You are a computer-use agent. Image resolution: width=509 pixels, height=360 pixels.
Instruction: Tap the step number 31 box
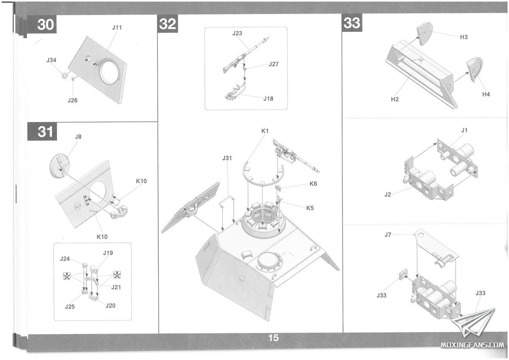pos(42,132)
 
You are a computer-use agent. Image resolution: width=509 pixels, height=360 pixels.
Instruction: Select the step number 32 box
pos(168,24)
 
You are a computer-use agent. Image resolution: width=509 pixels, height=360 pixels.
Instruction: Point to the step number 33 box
pos(352,23)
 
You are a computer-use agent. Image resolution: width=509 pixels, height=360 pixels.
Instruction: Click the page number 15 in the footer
pos(273,338)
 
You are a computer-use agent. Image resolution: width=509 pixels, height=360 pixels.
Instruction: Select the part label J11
pos(117,28)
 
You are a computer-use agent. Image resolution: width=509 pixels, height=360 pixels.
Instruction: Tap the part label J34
pos(51,60)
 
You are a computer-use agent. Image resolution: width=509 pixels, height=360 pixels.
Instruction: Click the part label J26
pos(73,100)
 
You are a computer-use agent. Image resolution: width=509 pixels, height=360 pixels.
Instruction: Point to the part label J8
pos(78,137)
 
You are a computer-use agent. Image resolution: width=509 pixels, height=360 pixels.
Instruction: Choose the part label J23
pos(237,34)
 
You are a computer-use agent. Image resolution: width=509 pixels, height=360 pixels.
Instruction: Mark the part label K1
pos(265,131)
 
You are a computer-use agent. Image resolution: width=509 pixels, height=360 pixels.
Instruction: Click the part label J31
pos(227,158)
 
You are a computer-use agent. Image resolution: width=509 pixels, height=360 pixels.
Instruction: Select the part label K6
pos(313,184)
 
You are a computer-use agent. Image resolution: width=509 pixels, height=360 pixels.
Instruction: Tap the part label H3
pos(464,37)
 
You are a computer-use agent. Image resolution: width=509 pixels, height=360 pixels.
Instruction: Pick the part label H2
pos(395,99)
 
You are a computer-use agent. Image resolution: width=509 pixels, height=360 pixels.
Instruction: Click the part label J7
pos(388,234)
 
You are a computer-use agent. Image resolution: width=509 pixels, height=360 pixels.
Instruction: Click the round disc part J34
pos(65,76)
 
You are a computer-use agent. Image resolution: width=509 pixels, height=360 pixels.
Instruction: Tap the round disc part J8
pos(59,166)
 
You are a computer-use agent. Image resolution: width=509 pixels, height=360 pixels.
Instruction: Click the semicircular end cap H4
pos(475,70)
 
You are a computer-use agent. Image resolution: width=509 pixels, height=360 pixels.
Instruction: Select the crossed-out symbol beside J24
pos(67,276)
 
